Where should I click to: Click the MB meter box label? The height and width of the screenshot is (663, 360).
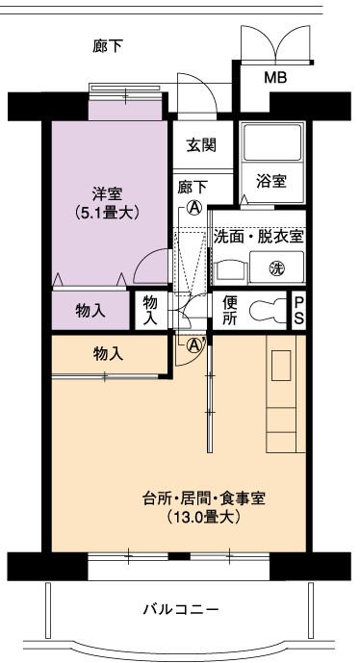[x=275, y=78]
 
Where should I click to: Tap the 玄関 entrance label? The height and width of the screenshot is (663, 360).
[x=201, y=145]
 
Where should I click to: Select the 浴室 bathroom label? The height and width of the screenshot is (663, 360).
[x=271, y=181]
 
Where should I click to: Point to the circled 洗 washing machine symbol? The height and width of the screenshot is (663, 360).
[x=277, y=268]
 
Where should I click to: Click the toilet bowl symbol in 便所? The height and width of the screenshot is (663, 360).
[x=267, y=311]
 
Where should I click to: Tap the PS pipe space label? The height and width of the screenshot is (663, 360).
[x=298, y=311]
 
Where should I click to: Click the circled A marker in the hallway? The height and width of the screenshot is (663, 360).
[x=194, y=207]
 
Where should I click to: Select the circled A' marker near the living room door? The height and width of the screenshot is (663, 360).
[x=195, y=345]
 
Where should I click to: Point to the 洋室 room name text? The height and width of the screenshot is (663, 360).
[x=107, y=194]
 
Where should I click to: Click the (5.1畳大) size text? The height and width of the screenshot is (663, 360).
[x=107, y=213]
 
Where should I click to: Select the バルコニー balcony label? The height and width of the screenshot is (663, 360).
[x=181, y=609]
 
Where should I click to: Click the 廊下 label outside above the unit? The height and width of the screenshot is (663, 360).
[x=108, y=46]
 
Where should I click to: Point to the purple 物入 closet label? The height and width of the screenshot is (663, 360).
[x=90, y=311]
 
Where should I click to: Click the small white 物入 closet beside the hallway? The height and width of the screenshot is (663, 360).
[x=150, y=310]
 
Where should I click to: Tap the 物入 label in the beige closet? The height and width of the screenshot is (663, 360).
[x=109, y=354]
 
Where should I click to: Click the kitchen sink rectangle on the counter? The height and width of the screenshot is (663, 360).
[x=281, y=365]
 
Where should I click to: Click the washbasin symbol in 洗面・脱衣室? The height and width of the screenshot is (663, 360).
[x=231, y=272]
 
